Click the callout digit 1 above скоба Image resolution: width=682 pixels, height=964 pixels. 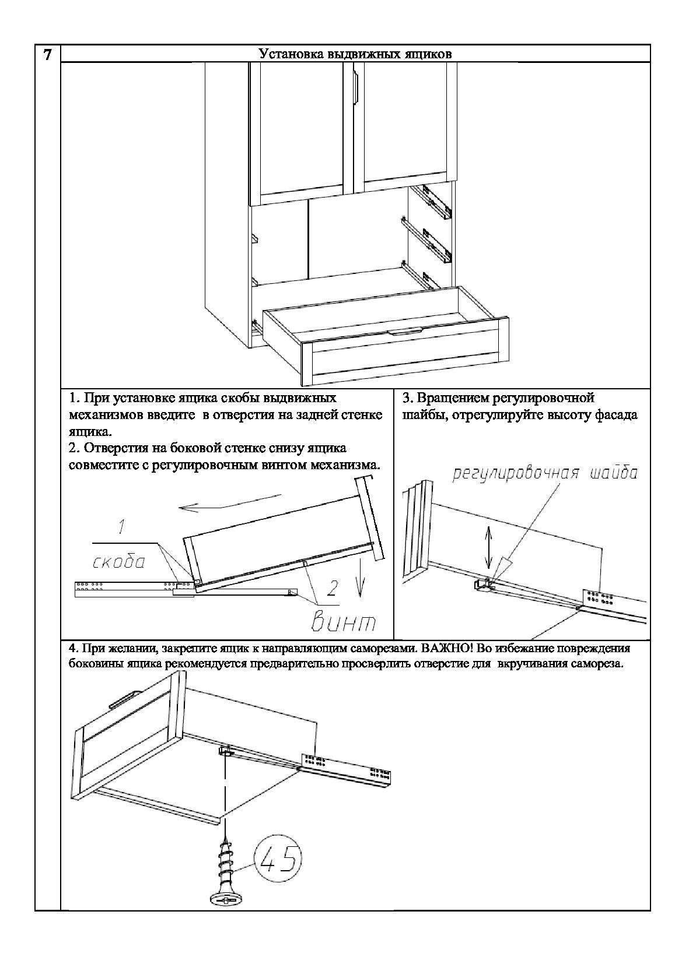tap(120, 528)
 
